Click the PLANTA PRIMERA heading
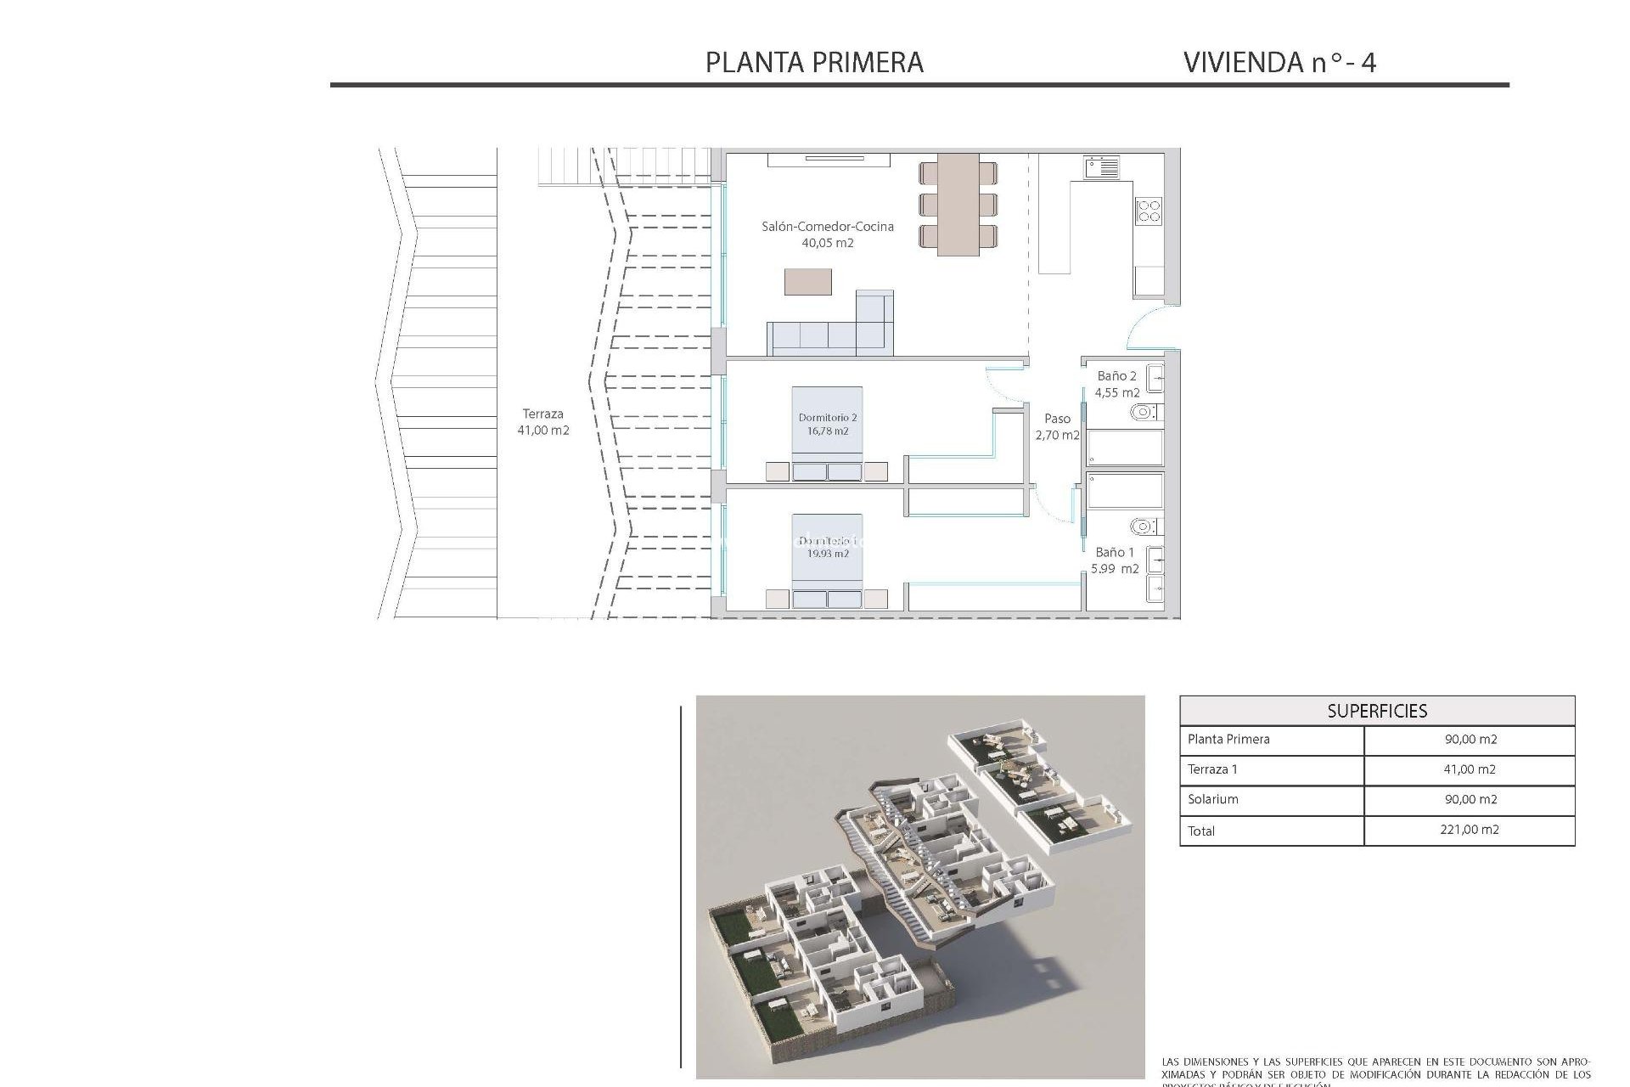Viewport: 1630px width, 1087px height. pyautogui.click(x=814, y=62)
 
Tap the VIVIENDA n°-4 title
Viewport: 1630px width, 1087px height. pyautogui.click(x=1279, y=62)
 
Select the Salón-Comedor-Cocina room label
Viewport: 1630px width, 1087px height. pyautogui.click(x=828, y=227)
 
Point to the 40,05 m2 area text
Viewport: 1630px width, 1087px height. pyautogui.click(x=828, y=243)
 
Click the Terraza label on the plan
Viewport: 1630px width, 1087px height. pyautogui.click(x=542, y=414)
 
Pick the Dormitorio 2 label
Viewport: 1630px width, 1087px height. pyautogui.click(x=828, y=418)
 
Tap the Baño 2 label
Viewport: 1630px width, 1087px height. pyautogui.click(x=1116, y=376)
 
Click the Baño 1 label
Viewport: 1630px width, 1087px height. pyautogui.click(x=1114, y=552)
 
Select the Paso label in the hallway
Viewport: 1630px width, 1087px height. pyautogui.click(x=1057, y=419)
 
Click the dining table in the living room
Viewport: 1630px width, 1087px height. pyautogui.click(x=958, y=205)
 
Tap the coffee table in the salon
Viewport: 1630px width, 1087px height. pyautogui.click(x=807, y=282)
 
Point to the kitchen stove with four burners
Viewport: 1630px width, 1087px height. pyautogui.click(x=1149, y=210)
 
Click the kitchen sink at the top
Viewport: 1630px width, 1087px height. pyautogui.click(x=1101, y=166)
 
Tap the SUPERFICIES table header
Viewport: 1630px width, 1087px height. pyautogui.click(x=1377, y=712)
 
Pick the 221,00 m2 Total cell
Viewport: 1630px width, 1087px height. pyautogui.click(x=1470, y=830)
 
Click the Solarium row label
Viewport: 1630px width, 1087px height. pyautogui.click(x=1213, y=799)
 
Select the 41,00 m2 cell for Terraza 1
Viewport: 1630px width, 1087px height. pyautogui.click(x=1470, y=769)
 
